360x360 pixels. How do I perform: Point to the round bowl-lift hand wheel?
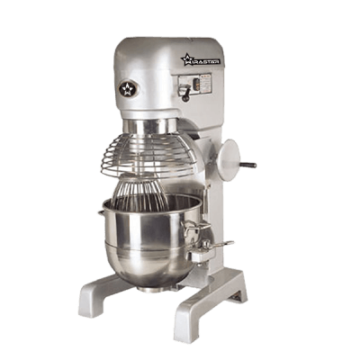pyautogui.click(x=229, y=158)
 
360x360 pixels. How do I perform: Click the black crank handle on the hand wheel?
pyautogui.click(x=247, y=165)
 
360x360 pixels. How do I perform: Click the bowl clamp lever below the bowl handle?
pyautogui.click(x=216, y=245)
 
